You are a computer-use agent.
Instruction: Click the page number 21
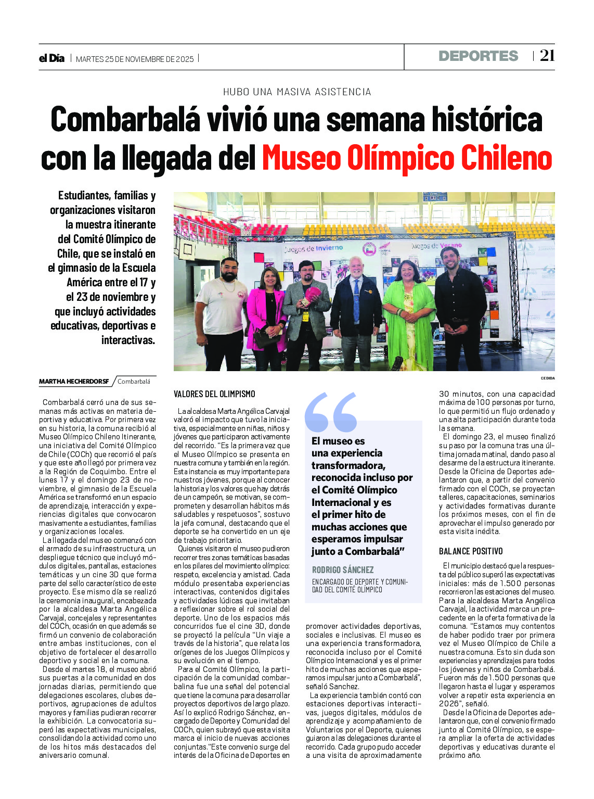click(x=547, y=56)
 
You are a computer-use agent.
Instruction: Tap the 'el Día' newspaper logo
click(x=51, y=58)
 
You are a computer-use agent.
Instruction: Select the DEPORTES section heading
click(x=478, y=56)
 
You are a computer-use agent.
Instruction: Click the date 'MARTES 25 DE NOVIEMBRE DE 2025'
click(x=135, y=59)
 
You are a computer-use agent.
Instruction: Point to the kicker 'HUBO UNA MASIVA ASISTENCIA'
click(x=297, y=92)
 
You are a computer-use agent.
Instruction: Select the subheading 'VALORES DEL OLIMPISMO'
click(x=214, y=394)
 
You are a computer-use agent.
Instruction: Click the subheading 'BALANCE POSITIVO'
click(x=471, y=551)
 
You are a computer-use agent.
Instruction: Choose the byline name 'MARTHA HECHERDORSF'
click(x=74, y=382)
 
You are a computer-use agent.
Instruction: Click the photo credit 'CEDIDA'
click(x=548, y=378)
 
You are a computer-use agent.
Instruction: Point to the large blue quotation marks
click(x=331, y=412)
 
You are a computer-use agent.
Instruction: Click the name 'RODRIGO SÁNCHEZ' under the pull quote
click(x=343, y=570)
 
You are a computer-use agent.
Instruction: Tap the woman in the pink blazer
click(x=266, y=312)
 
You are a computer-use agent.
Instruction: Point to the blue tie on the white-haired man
click(x=356, y=301)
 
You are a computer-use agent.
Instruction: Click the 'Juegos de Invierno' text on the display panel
click(x=313, y=249)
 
